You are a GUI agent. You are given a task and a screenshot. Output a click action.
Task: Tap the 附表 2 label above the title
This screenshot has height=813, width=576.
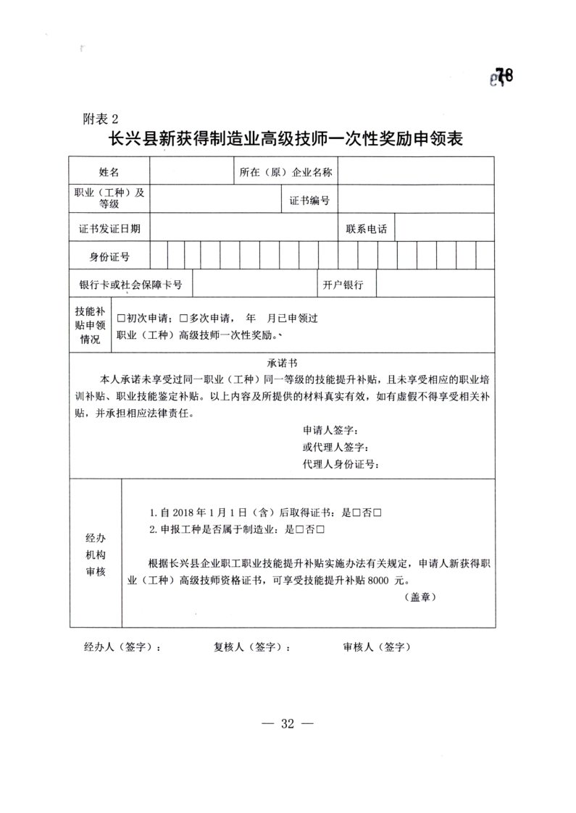click(x=99, y=118)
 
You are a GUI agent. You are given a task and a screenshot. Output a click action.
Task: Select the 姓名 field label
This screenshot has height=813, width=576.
click(x=109, y=172)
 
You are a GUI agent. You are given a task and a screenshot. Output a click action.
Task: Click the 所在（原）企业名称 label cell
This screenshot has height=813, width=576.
click(x=285, y=172)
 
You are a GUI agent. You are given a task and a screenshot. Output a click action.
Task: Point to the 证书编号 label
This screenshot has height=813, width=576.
click(x=309, y=201)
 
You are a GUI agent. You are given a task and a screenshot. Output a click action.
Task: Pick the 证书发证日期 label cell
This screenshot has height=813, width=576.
click(x=109, y=229)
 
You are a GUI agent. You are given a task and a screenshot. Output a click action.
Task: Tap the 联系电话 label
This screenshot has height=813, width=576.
click(x=366, y=229)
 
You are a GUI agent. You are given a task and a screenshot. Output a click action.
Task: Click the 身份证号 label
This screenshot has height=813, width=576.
click(x=109, y=257)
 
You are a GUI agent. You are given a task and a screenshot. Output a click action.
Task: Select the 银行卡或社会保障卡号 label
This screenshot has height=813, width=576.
click(x=130, y=285)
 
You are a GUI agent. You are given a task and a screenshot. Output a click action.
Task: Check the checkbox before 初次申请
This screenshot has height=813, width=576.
click(x=122, y=319)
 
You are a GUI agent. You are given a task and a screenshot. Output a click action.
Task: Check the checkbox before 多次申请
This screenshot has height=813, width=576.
click(x=183, y=319)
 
